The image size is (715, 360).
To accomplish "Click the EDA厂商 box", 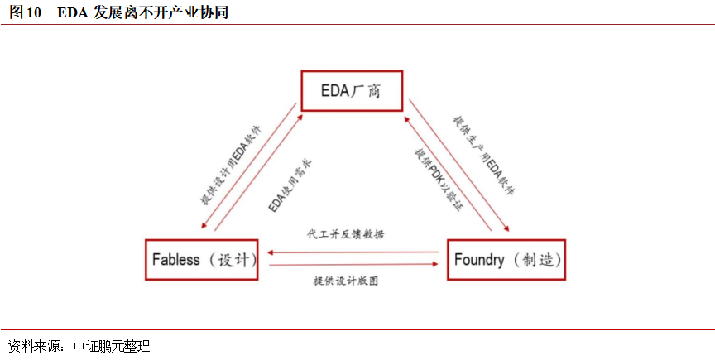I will [350, 90].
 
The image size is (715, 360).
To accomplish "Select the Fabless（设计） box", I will [204, 260].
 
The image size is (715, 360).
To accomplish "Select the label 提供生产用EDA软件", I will [483, 156].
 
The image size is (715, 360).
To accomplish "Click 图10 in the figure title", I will [26, 12].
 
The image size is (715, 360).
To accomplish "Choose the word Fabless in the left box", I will [176, 260].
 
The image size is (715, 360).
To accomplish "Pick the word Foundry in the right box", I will [479, 260].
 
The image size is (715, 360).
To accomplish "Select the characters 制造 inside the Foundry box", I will [536, 260].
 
